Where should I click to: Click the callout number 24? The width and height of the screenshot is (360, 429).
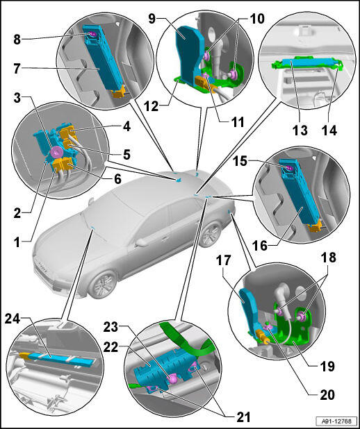pos(13,319)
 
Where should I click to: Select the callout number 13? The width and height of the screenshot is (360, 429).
pos(300,130)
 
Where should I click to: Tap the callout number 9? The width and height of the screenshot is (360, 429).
pos(152,19)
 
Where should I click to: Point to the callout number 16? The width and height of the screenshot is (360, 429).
pos(260,246)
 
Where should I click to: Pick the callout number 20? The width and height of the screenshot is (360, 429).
pos(327,395)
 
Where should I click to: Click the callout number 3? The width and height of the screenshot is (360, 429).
pos(17,98)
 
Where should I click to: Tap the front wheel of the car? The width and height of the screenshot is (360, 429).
pos(102,284)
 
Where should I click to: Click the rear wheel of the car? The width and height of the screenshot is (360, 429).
pos(211,234)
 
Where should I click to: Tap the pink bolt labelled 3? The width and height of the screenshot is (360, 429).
pos(57,151)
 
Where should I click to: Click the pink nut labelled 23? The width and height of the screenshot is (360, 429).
pos(172,380)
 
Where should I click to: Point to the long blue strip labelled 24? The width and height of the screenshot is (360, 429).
pos(60,358)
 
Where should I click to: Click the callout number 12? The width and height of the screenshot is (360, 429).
pos(151,106)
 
